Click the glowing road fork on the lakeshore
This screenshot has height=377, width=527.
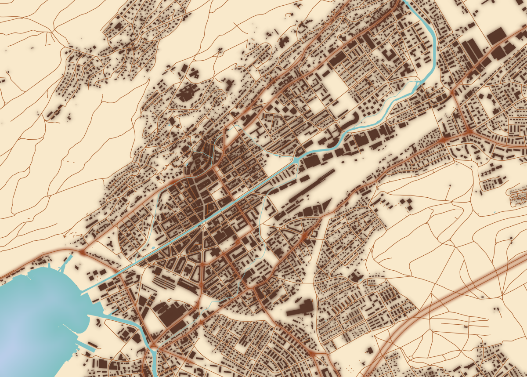82,253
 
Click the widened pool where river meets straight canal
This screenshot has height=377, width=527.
295,160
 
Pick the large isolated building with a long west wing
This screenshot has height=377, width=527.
301,308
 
